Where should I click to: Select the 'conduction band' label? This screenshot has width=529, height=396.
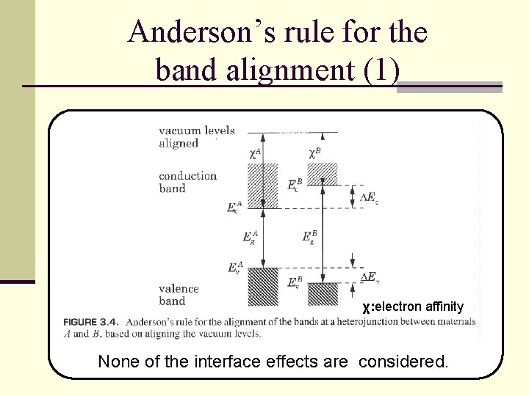pyautogui.click(x=187, y=182)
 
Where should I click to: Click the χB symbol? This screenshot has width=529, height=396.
pyautogui.click(x=314, y=153)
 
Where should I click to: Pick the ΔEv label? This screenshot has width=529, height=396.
pyautogui.click(x=369, y=276)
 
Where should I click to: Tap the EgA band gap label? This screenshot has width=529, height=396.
pyautogui.click(x=250, y=238)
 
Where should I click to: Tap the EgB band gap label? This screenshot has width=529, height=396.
pyautogui.click(x=309, y=238)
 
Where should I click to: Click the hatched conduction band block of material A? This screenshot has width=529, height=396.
pyautogui.click(x=263, y=186)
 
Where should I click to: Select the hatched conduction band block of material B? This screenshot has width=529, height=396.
pyautogui.click(x=322, y=174)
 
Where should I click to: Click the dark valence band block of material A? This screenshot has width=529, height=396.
pyautogui.click(x=263, y=287)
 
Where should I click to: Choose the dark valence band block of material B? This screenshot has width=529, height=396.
pyautogui.click(x=322, y=294)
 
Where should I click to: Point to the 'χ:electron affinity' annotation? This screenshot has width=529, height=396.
pyautogui.click(x=413, y=307)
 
